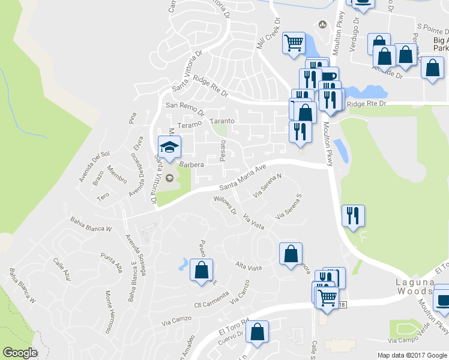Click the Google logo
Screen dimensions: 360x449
[x=19, y=353]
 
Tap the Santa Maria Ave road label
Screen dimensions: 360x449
[x=242, y=178]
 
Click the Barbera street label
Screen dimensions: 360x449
[x=192, y=164]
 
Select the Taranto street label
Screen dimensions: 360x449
[x=222, y=121]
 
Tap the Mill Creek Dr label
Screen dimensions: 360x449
[x=268, y=32]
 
